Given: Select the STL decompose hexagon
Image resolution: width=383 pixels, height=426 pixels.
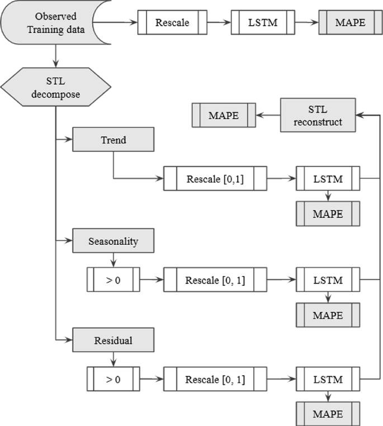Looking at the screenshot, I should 56,88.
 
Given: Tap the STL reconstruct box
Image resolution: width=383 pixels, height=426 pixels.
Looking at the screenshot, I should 318,115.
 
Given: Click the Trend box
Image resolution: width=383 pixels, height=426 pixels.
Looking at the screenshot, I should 113,140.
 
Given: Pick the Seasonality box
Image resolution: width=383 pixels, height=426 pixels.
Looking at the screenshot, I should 113,242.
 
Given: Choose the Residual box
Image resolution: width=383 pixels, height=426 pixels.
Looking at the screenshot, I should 113,340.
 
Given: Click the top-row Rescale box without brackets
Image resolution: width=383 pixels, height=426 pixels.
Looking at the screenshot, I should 172,23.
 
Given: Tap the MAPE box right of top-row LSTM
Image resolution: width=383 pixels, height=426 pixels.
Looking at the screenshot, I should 351,23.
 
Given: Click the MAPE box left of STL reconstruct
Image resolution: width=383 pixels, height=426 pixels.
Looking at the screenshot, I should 224,116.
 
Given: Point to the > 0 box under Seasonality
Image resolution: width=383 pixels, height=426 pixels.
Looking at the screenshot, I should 113,279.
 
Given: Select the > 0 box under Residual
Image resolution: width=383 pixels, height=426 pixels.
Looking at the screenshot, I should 113,378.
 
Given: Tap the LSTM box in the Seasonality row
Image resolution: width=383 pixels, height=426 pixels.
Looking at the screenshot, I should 328,279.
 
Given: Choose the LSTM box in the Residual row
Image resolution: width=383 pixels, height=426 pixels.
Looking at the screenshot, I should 328,378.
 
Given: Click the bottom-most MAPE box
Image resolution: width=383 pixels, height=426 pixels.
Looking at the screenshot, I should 328,415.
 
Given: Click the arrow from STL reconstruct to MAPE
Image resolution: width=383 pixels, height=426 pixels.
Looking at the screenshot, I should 268,116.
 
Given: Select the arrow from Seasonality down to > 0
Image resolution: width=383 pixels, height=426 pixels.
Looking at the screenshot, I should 113,260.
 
